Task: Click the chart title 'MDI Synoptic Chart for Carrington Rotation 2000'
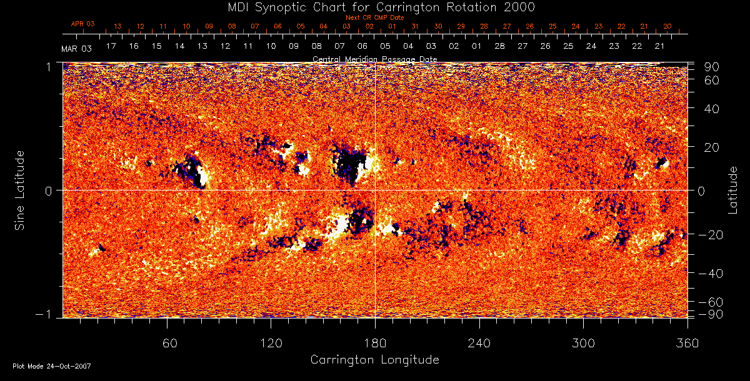pyautogui.click(x=374, y=7)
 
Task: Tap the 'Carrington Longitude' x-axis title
pyautogui.click(x=374, y=360)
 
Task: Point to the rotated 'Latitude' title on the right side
pyautogui.click(x=732, y=190)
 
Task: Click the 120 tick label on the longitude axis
pyautogui.click(x=271, y=343)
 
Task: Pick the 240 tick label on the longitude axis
pyautogui.click(x=479, y=343)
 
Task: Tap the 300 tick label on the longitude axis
pyautogui.click(x=583, y=343)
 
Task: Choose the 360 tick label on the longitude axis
pyautogui.click(x=687, y=343)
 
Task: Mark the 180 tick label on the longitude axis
pyautogui.click(x=375, y=343)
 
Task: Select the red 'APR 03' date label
pyautogui.click(x=82, y=24)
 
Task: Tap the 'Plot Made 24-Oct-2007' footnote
pyautogui.click(x=52, y=366)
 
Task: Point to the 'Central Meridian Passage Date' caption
pyautogui.click(x=374, y=59)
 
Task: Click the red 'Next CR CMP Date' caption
pyautogui.click(x=374, y=17)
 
